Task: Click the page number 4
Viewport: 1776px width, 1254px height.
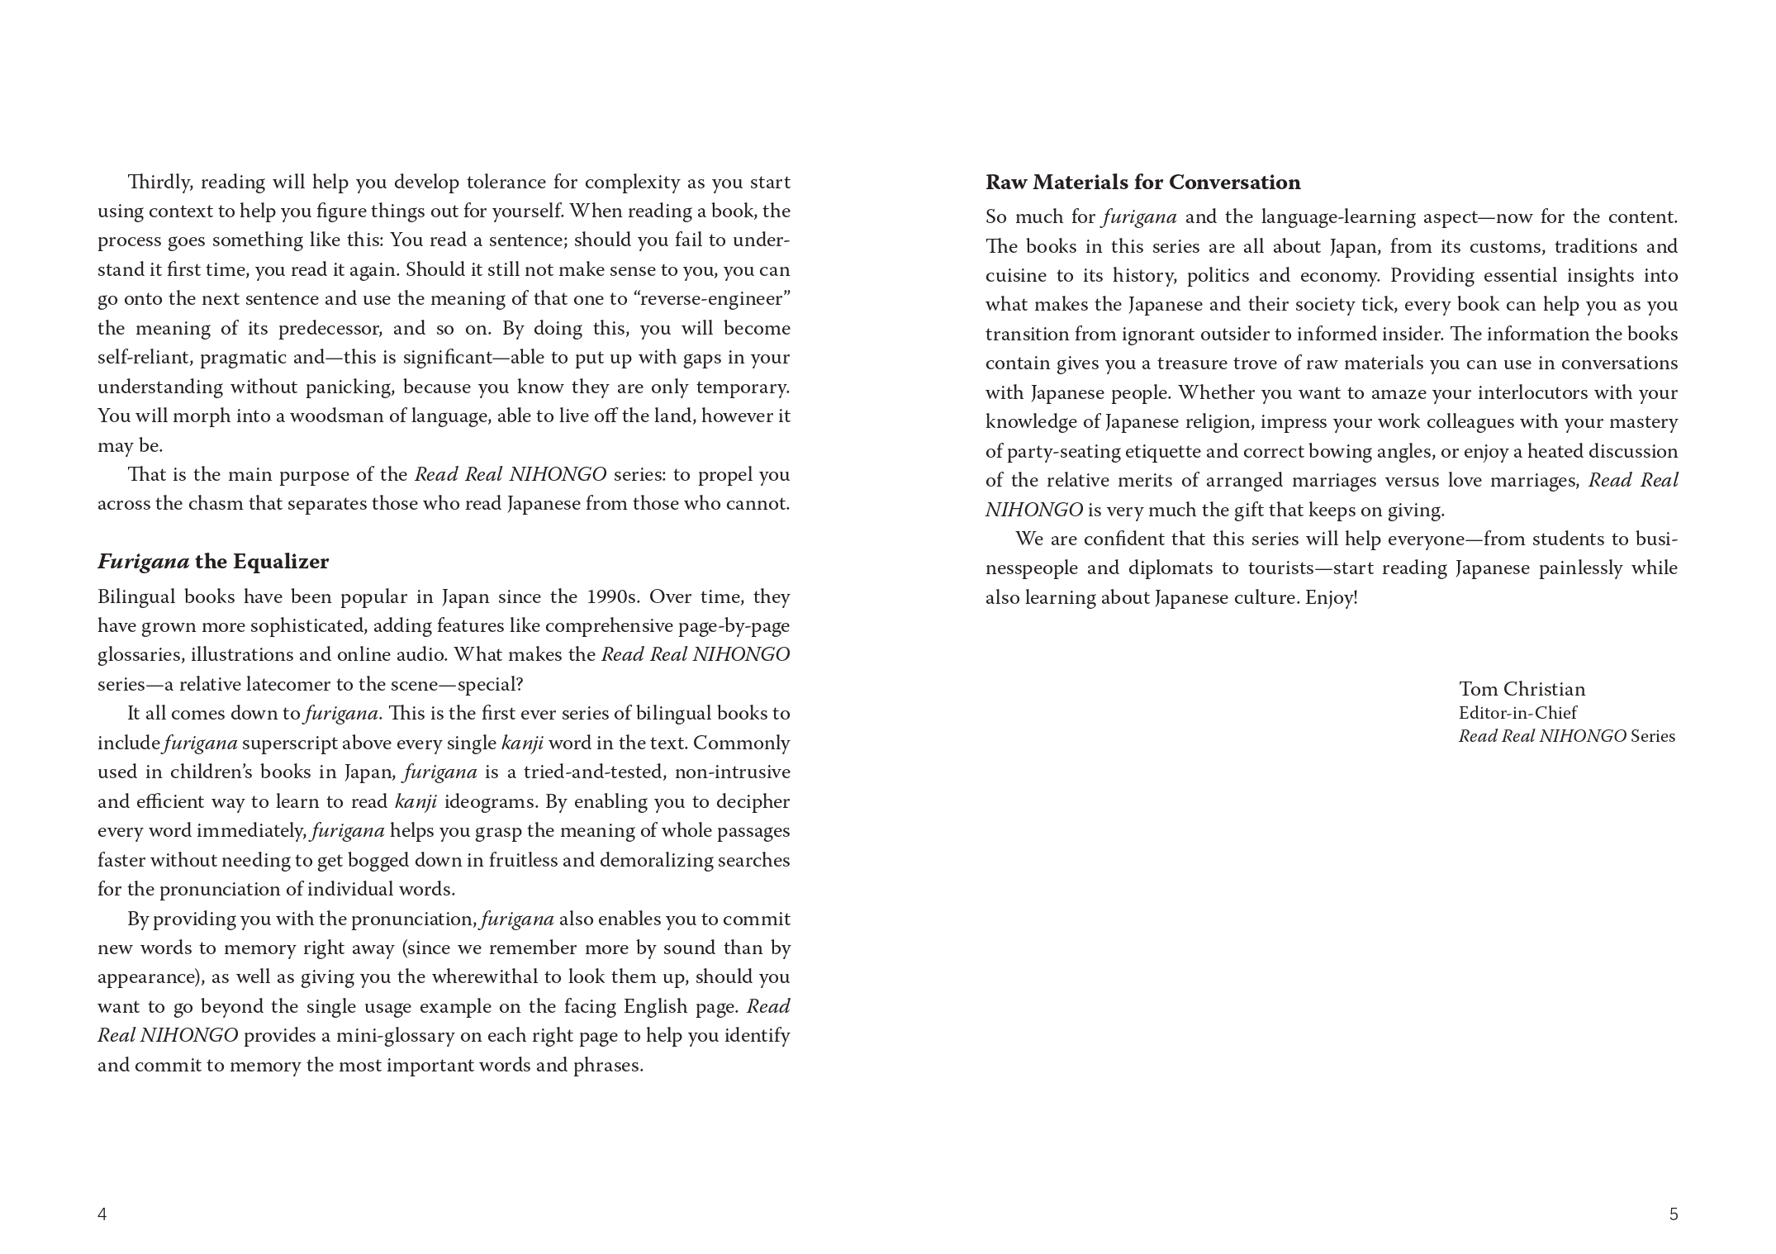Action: (x=102, y=1214)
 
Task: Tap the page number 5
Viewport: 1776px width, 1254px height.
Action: (x=1674, y=1214)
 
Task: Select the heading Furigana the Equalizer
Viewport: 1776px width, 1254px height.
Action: (x=213, y=562)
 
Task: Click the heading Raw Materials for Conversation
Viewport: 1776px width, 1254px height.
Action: (x=1142, y=183)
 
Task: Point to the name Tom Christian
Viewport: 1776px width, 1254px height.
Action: (x=1522, y=689)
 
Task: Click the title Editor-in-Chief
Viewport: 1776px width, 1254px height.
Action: (x=1517, y=712)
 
